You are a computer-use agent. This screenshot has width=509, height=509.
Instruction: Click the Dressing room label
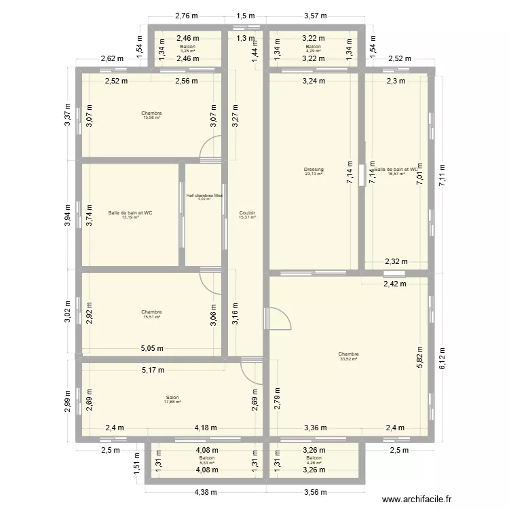(314, 170)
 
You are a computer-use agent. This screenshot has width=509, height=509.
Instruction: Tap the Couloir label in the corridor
(247, 213)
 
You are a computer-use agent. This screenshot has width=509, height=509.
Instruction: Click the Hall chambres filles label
(204, 195)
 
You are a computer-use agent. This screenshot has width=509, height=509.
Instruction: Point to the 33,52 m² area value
(349, 359)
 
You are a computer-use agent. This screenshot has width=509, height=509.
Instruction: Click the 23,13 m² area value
(314, 174)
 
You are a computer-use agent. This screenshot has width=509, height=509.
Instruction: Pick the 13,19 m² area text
(130, 217)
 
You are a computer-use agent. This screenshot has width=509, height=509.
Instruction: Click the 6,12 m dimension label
(442, 360)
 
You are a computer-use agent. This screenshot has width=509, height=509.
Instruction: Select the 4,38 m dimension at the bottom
(204, 493)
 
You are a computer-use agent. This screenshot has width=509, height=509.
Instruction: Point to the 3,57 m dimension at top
(316, 16)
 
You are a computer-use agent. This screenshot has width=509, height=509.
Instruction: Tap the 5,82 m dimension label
(418, 356)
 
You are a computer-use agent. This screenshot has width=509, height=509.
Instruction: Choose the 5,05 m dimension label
(152, 349)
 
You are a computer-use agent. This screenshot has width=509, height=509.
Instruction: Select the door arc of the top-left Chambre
(212, 148)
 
